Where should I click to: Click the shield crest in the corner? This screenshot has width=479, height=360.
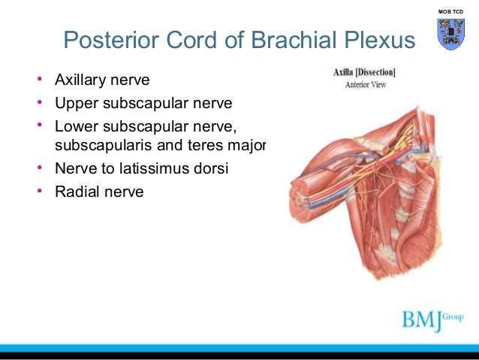pos(450,35)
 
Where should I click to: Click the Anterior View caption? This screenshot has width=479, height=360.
pos(365,85)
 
